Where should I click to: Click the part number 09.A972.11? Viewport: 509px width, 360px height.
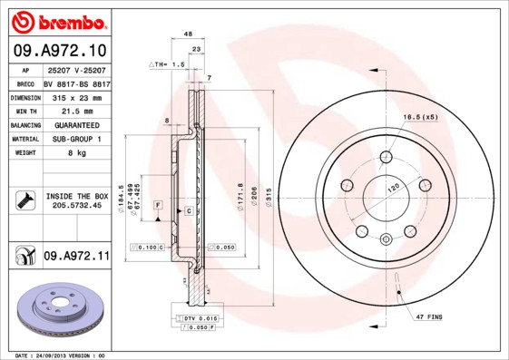(x=76, y=257)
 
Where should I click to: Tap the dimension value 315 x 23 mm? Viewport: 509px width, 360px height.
(x=75, y=96)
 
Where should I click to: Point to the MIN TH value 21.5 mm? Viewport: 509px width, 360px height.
(x=75, y=110)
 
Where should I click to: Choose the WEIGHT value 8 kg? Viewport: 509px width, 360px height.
(x=75, y=153)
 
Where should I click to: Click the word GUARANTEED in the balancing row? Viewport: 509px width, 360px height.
(x=75, y=124)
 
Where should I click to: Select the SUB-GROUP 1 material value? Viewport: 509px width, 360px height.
(x=75, y=139)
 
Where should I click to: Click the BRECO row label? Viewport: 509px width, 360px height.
(x=25, y=83)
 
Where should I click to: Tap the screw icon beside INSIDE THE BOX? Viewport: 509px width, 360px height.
(x=24, y=200)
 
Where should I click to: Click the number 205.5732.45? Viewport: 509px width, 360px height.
(x=76, y=207)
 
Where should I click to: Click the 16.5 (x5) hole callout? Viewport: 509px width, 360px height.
(x=420, y=118)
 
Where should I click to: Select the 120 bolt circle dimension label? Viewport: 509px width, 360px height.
(x=394, y=188)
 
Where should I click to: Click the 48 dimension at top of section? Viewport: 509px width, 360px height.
(x=189, y=34)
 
